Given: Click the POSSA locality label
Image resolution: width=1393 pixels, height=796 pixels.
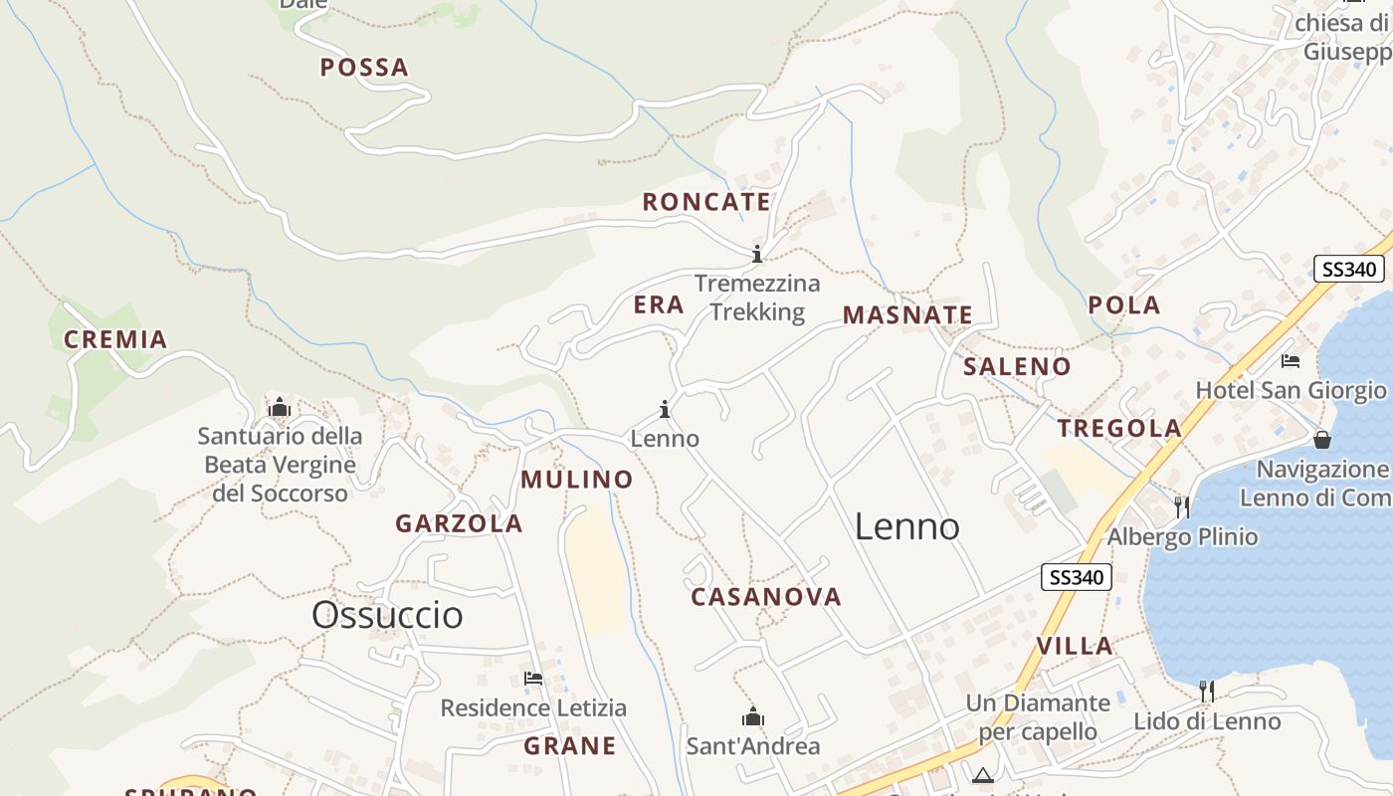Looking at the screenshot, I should [364, 68].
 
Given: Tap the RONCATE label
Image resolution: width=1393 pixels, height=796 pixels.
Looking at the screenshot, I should [706, 202].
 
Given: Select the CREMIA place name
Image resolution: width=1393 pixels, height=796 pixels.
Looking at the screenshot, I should [115, 339].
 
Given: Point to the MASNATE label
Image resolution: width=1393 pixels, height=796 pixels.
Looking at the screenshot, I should [907, 315].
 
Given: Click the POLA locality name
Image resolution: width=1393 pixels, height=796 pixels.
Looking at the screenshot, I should [1124, 305].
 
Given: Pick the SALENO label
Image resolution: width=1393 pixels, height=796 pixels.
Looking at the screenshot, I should [1017, 366].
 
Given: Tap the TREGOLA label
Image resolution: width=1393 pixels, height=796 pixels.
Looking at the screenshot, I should [1119, 429].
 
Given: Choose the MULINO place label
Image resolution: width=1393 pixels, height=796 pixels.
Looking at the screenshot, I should [577, 480].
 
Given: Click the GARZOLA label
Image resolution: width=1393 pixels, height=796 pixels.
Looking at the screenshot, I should [459, 523].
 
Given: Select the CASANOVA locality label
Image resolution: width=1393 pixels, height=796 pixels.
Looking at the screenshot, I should [766, 597].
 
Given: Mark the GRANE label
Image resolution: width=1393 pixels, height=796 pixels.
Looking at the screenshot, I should [570, 746].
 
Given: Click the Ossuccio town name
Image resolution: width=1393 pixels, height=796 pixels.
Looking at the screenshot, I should [387, 615].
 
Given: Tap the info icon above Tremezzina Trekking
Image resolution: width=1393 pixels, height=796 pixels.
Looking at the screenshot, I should [757, 254].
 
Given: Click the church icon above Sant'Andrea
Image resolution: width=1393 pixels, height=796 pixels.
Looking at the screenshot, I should [753, 716].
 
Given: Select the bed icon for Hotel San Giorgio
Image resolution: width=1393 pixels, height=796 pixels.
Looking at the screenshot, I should [1291, 360].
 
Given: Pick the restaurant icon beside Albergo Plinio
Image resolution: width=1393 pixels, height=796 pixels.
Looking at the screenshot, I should [1181, 506].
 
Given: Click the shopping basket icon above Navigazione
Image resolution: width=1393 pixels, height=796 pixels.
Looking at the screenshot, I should [1322, 439].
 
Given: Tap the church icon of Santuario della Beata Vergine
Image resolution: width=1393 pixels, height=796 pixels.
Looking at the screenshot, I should [280, 407].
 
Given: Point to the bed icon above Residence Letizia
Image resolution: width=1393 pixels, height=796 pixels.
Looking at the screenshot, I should [533, 679].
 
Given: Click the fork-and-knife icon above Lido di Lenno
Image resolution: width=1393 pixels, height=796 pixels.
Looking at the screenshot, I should [1206, 691].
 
